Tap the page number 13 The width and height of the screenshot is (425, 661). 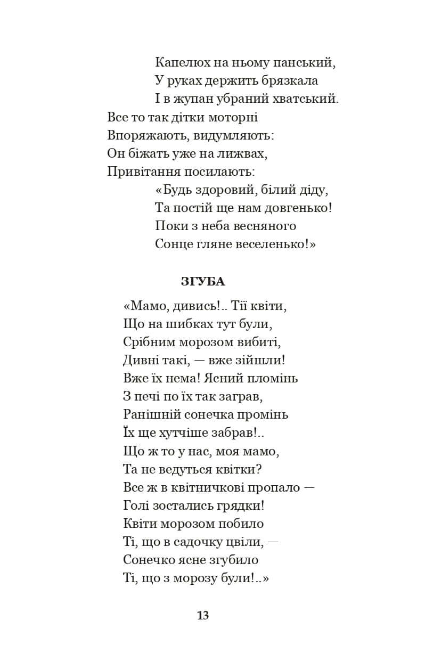[203, 616]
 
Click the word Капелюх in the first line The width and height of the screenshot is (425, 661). [179, 62]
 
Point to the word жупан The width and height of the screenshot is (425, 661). [191, 99]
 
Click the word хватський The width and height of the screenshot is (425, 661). [307, 99]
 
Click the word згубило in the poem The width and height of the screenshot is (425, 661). [235, 560]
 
